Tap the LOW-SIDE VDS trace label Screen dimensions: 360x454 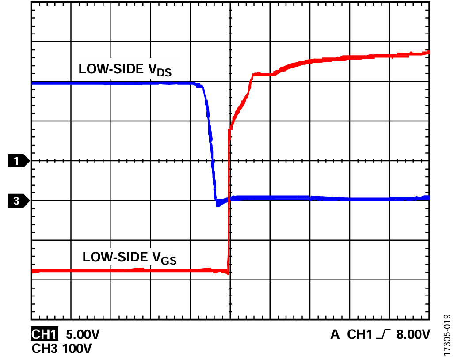pyautogui.click(x=125, y=70)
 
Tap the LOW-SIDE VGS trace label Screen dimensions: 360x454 pyautogui.click(x=130, y=258)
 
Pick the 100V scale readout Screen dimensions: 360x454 pyautogui.click(x=77, y=349)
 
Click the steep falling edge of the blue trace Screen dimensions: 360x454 pyautogui.click(x=210, y=133)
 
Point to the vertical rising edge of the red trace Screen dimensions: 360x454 pyautogui.click(x=229, y=199)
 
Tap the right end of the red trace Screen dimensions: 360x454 pyautogui.click(x=427, y=53)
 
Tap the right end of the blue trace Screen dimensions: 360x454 pyautogui.click(x=427, y=198)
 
